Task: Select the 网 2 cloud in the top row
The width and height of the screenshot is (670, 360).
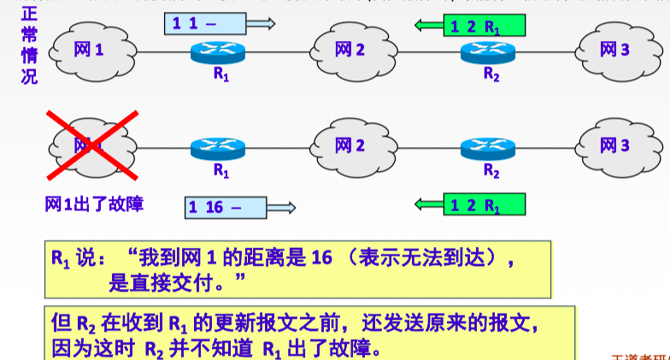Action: tap(351, 50)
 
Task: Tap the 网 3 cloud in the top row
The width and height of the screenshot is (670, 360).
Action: tap(614, 50)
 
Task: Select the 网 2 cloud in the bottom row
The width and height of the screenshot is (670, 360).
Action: tap(351, 146)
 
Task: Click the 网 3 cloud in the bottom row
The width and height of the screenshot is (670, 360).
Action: tap(614, 146)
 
